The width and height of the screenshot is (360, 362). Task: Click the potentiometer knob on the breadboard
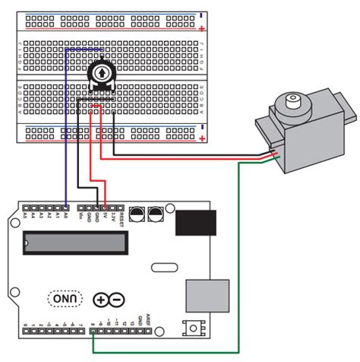point(100,73)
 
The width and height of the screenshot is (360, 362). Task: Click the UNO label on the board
point(63,299)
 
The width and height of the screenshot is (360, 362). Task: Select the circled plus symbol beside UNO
point(102,299)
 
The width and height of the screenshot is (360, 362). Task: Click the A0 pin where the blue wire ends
point(67,207)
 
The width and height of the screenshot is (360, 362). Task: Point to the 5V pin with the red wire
point(106,207)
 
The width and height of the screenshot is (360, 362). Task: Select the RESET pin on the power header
point(121,207)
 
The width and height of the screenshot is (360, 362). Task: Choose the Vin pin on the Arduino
point(81,207)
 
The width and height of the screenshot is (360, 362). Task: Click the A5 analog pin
point(26,207)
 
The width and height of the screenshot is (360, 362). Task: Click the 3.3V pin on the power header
point(113,207)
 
